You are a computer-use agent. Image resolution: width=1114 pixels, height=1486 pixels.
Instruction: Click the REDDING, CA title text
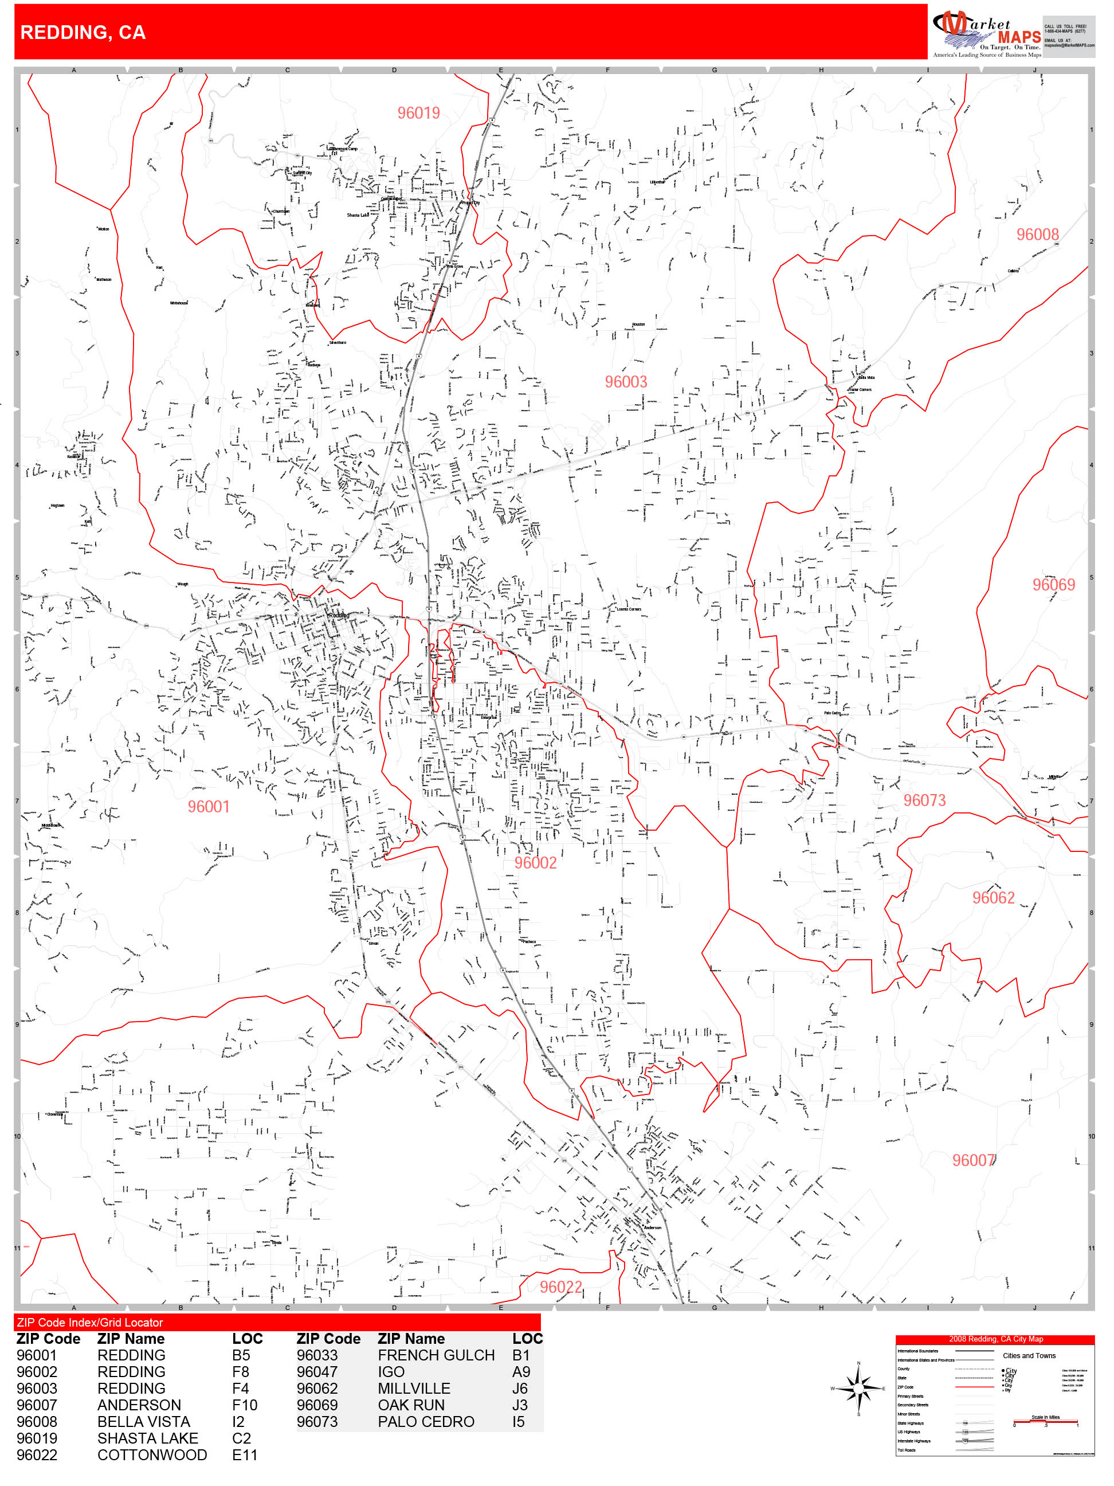click(83, 32)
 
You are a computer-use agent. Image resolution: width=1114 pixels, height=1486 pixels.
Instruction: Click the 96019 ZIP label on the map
click(418, 113)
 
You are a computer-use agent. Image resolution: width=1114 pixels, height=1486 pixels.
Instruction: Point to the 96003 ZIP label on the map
click(626, 382)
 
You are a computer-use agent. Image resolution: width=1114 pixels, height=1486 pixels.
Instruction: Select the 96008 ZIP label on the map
click(1037, 234)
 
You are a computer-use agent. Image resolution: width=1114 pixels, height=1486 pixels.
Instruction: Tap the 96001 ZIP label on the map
click(208, 806)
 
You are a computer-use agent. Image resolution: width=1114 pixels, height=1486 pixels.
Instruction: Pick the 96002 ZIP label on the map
click(535, 863)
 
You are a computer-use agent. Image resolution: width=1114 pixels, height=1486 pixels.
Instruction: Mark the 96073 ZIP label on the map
click(924, 800)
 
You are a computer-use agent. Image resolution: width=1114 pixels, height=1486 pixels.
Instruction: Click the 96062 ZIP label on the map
click(993, 898)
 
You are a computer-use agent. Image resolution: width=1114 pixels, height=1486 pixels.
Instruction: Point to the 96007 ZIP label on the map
click(973, 1160)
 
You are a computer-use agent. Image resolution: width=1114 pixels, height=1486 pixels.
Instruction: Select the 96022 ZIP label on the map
click(560, 1287)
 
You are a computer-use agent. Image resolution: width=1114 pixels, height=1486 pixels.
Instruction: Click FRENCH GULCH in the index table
click(436, 1356)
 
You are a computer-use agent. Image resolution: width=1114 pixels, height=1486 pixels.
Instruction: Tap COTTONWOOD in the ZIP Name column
click(152, 1455)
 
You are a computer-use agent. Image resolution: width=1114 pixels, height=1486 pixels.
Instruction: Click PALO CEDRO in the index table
click(426, 1422)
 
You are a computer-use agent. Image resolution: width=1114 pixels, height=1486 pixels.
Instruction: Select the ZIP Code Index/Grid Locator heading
click(90, 1323)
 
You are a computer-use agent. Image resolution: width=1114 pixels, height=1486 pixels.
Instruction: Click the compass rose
click(858, 1388)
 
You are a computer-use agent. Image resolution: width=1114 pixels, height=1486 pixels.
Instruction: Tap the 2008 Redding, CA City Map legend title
click(995, 1339)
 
